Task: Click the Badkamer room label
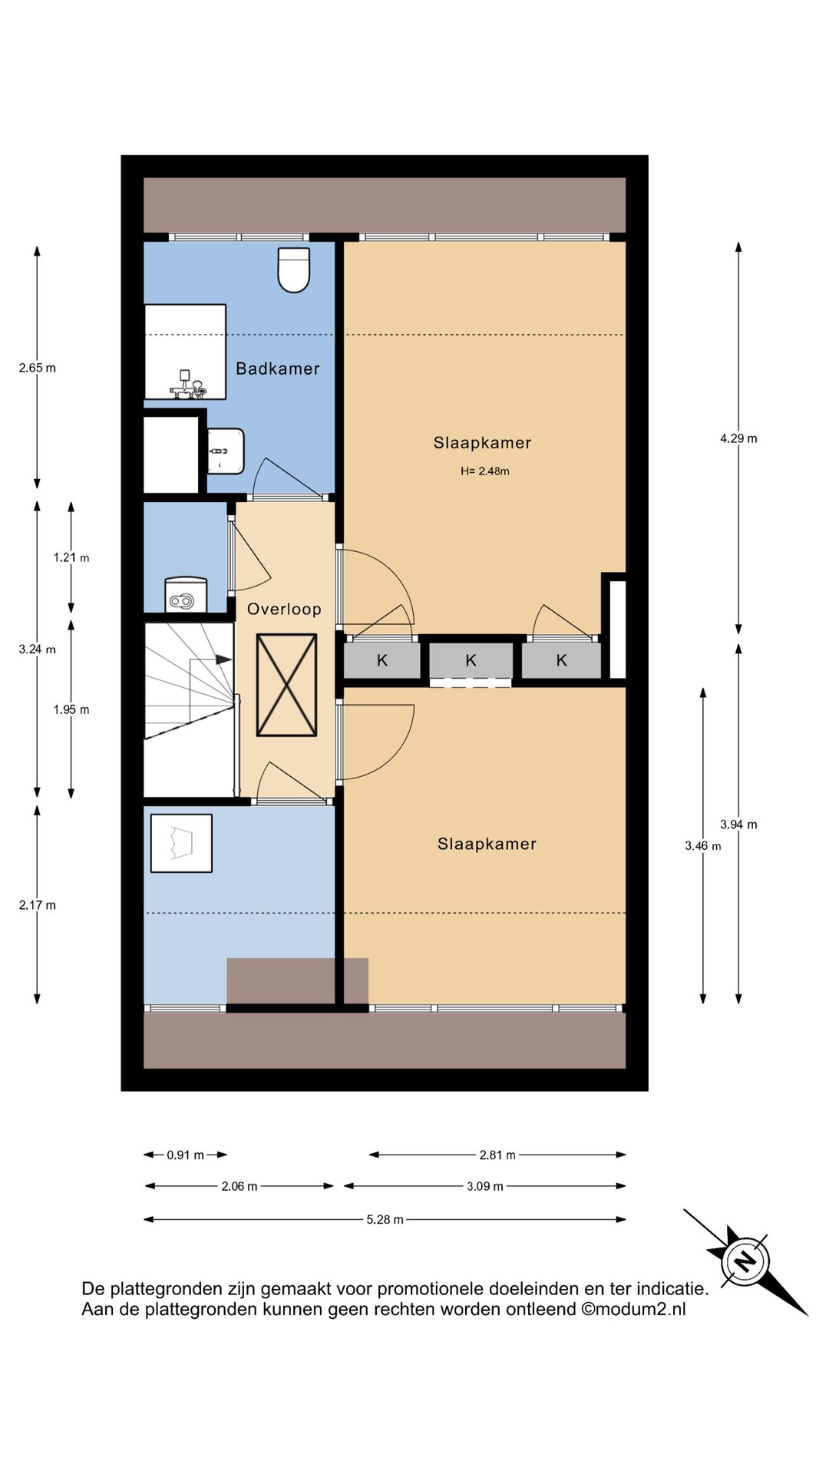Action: pos(277,368)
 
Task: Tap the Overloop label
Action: pos(284,609)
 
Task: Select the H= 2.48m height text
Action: pos(484,471)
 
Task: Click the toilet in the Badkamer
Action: pos(293,269)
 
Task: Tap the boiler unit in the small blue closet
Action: pos(186,595)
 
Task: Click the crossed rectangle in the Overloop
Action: pos(286,685)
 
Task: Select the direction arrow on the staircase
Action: pos(211,659)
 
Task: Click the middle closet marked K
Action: pos(471,660)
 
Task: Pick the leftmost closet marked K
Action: pos(382,660)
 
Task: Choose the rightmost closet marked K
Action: pos(561,660)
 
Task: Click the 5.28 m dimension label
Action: pos(385,1219)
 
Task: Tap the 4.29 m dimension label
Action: pos(738,438)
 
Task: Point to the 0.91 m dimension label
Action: pos(185,1155)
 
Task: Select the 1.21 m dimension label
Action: pos(71,557)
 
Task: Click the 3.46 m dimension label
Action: pos(703,846)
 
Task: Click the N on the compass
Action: pos(743,1261)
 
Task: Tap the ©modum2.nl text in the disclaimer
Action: pos(633,1309)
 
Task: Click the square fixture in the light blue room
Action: pos(181,843)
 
